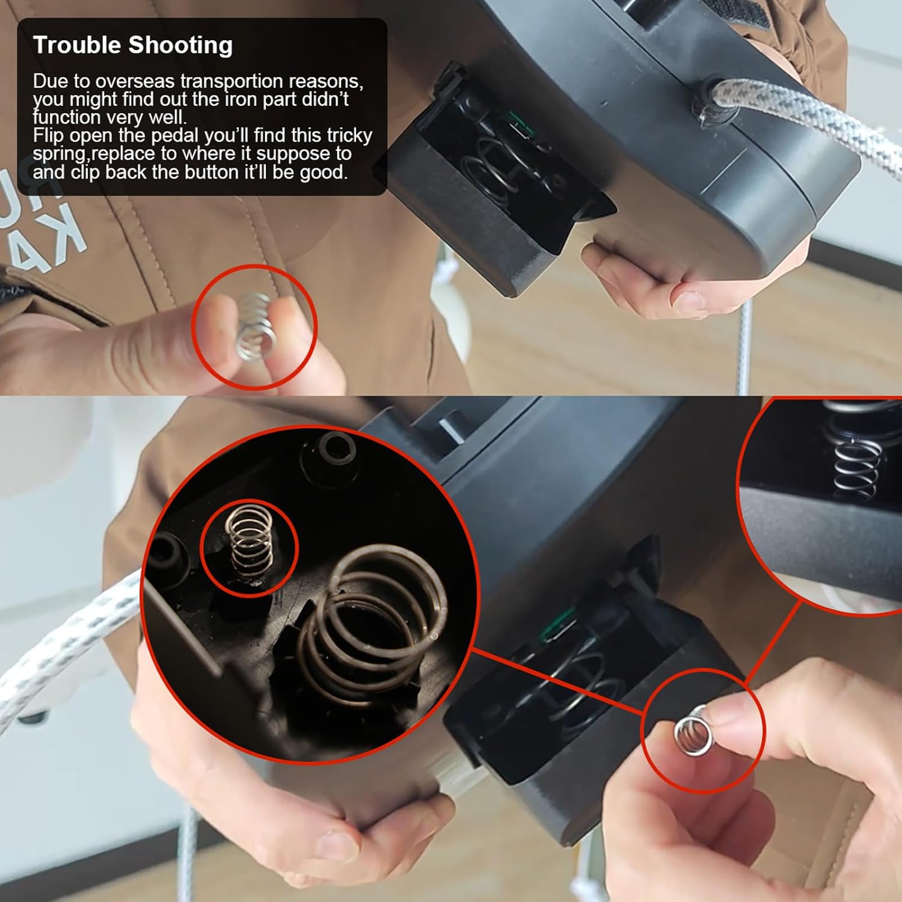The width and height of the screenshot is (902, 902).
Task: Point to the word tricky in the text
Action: point(349,136)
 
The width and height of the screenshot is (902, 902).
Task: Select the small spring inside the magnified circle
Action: point(249,545)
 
